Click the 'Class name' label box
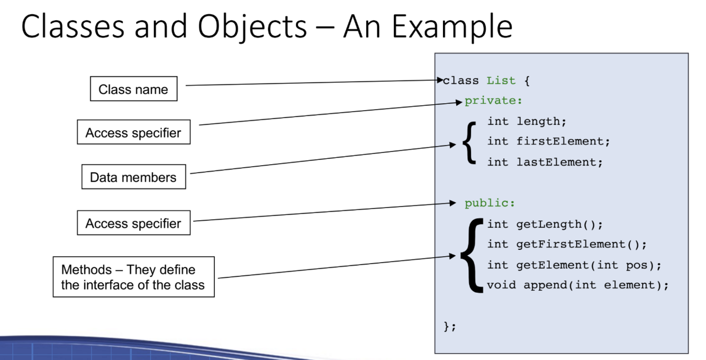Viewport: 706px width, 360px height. click(133, 89)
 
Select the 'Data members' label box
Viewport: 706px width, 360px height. click(133, 177)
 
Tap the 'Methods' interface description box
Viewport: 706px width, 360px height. click(133, 277)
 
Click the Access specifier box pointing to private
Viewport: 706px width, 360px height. click(133, 133)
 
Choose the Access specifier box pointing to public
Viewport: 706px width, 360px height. click(133, 223)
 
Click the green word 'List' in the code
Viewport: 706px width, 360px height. click(501, 81)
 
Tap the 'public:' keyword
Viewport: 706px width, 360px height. click(490, 203)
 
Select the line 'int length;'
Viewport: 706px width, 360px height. click(527, 122)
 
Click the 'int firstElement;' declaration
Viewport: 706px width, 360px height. click(549, 141)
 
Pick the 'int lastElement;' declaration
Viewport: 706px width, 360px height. click(545, 162)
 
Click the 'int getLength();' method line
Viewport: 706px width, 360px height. click(545, 224)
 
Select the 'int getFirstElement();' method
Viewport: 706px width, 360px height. click(567, 245)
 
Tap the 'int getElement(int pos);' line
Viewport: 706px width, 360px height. click(574, 265)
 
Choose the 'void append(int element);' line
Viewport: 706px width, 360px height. click(578, 285)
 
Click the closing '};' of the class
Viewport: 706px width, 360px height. click(449, 327)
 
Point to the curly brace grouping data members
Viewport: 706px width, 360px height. click(469, 142)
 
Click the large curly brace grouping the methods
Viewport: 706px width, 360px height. click(472, 255)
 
